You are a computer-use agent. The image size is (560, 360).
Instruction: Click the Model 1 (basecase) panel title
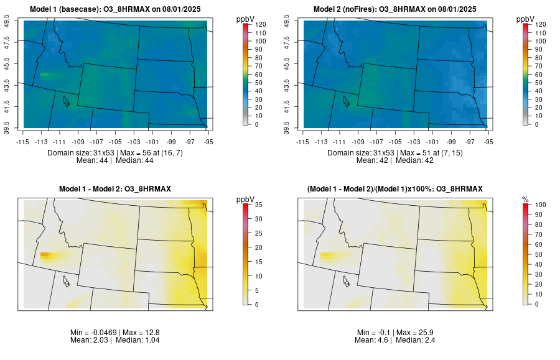click(118, 9)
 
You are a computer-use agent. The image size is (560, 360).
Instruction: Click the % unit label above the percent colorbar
click(526, 199)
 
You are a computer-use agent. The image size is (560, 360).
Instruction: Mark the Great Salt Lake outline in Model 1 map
click(65, 100)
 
